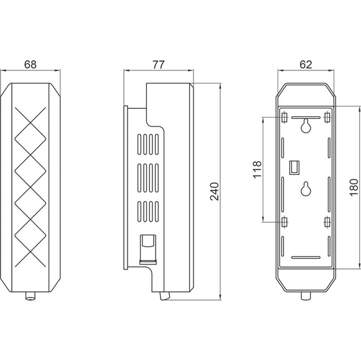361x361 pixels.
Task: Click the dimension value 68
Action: tap(30, 65)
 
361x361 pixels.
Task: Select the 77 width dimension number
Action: tap(159, 65)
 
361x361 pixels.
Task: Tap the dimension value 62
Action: tap(306, 65)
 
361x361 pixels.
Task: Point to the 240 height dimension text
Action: tap(214, 191)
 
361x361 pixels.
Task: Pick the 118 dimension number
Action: tap(258, 169)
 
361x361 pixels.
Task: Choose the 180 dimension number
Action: tap(354, 187)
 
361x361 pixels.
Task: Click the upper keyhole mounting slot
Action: tap(306, 126)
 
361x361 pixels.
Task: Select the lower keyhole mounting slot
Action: tap(306, 189)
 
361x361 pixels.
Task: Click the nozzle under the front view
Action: tap(30, 296)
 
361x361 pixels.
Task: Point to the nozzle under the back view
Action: tap(306, 296)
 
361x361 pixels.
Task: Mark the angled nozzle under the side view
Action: tap(165, 296)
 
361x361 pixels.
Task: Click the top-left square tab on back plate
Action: tap(284, 118)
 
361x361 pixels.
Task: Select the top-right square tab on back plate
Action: tap(327, 118)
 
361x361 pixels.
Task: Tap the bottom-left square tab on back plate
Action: tap(284, 222)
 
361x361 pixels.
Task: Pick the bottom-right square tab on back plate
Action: tap(327, 222)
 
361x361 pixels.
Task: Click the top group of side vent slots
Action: tap(148, 144)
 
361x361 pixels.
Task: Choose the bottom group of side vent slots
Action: tap(148, 212)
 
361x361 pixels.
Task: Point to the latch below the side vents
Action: tap(148, 249)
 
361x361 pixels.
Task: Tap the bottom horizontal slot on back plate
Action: tap(306, 258)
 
